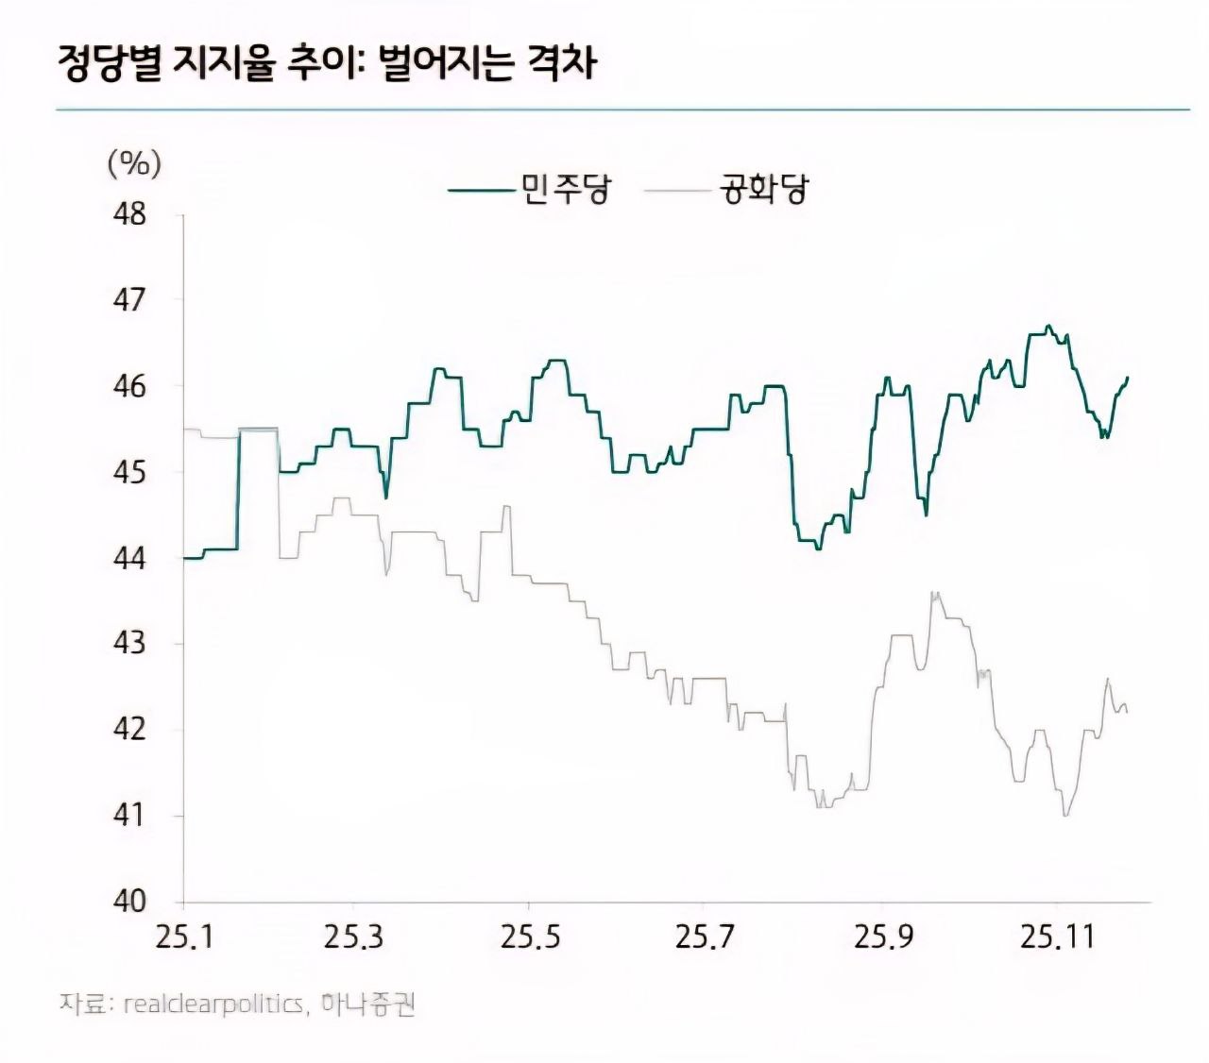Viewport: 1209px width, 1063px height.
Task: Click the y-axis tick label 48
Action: point(129,214)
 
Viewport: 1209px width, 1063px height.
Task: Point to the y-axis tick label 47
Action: point(129,300)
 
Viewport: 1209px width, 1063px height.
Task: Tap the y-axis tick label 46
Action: point(129,386)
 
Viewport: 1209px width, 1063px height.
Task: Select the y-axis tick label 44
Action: point(129,558)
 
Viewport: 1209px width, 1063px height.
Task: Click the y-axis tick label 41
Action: point(129,815)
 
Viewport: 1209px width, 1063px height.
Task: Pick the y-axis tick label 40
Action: point(129,901)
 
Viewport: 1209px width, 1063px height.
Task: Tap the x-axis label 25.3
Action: point(354,937)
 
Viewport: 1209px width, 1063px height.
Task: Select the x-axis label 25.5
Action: point(530,937)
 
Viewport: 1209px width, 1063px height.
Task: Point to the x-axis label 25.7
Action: point(705,937)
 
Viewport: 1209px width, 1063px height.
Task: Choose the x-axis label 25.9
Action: point(884,937)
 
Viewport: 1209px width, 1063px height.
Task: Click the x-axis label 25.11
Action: point(1057,937)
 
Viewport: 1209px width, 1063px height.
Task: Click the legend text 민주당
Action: point(566,190)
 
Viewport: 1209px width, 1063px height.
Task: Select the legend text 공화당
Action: point(764,190)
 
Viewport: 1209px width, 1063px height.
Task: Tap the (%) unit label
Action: point(135,163)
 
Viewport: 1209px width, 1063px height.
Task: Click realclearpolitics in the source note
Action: point(213,1004)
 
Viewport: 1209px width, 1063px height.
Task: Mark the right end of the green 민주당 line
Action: point(1128,378)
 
